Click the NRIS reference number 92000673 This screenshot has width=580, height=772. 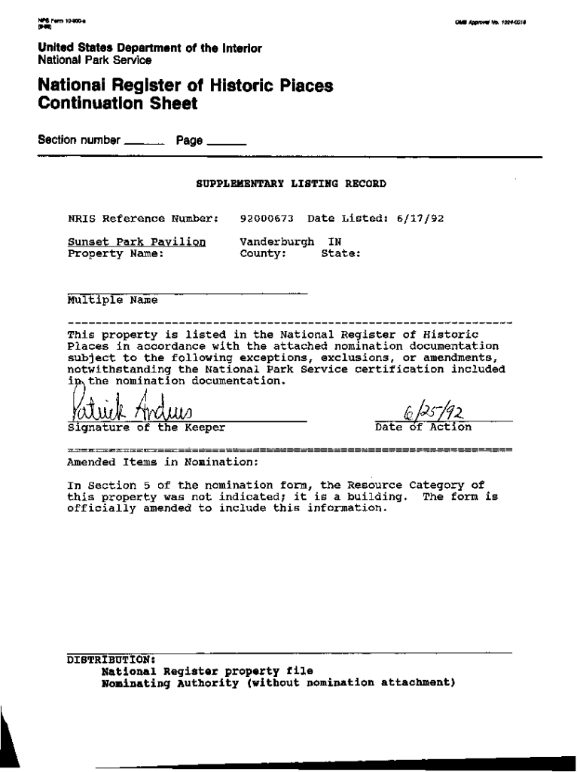(x=266, y=219)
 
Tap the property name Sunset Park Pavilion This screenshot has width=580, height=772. (x=136, y=242)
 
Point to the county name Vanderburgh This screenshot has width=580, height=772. (x=276, y=242)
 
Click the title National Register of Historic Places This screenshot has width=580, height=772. (x=185, y=86)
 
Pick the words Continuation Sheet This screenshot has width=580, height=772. (x=118, y=104)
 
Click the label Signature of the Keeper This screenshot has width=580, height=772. (x=146, y=427)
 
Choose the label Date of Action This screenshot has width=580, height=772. (x=423, y=427)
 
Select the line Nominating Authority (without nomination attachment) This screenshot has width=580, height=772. (x=278, y=683)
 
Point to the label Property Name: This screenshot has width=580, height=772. (x=115, y=254)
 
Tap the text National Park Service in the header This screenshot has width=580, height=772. (x=95, y=60)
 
